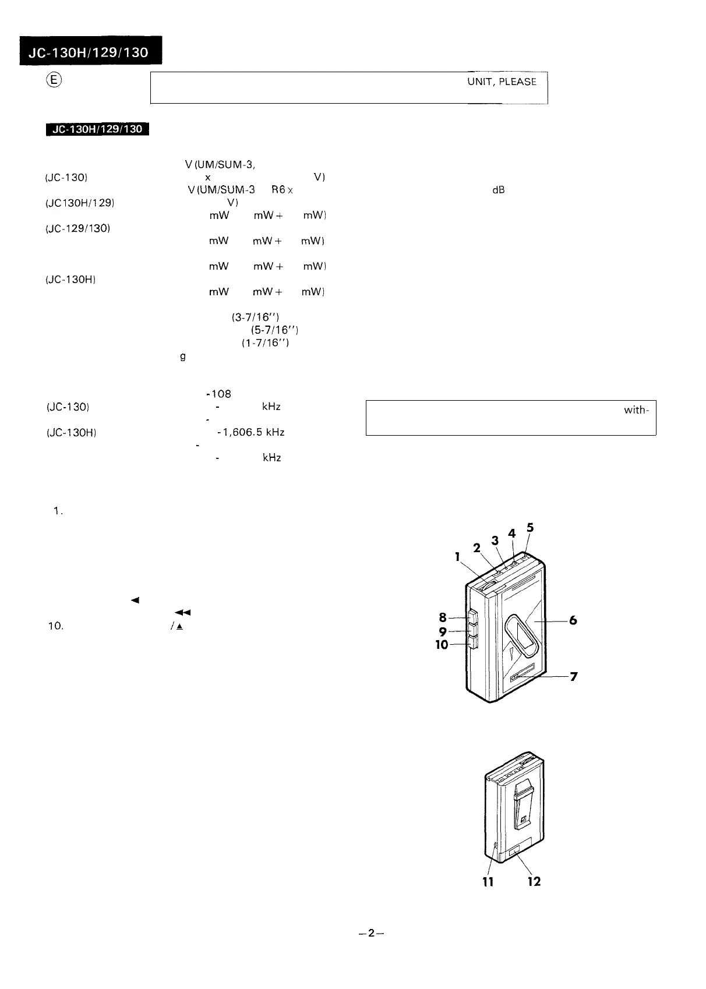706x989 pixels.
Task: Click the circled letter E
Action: [52, 81]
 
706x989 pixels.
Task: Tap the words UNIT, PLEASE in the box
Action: [502, 82]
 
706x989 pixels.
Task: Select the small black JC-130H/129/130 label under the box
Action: [97, 129]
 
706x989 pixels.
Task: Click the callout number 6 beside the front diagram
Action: [573, 621]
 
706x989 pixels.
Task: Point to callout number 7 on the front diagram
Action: [574, 677]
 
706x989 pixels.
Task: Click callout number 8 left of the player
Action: [443, 618]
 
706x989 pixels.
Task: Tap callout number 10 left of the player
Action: [442, 645]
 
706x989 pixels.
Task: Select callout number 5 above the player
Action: [529, 528]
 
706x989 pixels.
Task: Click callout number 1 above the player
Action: [458, 557]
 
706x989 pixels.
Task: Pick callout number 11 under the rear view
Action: [488, 882]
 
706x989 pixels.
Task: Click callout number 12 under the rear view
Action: [534, 882]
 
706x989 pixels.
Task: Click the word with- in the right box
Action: [636, 410]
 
